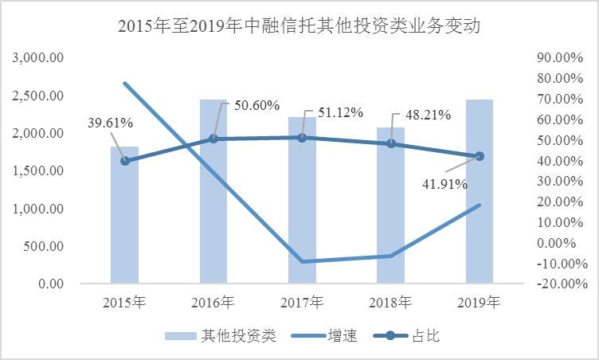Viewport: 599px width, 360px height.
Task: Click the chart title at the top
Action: [299, 25]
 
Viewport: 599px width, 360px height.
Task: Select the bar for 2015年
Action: [124, 215]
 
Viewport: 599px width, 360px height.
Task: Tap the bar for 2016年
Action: [213, 191]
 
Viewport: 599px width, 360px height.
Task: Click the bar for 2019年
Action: [480, 191]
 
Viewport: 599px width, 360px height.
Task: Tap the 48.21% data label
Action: [429, 114]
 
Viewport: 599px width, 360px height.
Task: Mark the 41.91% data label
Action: [445, 184]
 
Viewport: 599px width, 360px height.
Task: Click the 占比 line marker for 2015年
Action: [124, 161]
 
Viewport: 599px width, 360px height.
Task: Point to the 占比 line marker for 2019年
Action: [480, 156]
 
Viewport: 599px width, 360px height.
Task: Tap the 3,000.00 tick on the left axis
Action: [38, 58]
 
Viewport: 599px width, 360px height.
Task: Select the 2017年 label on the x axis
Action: [302, 303]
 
